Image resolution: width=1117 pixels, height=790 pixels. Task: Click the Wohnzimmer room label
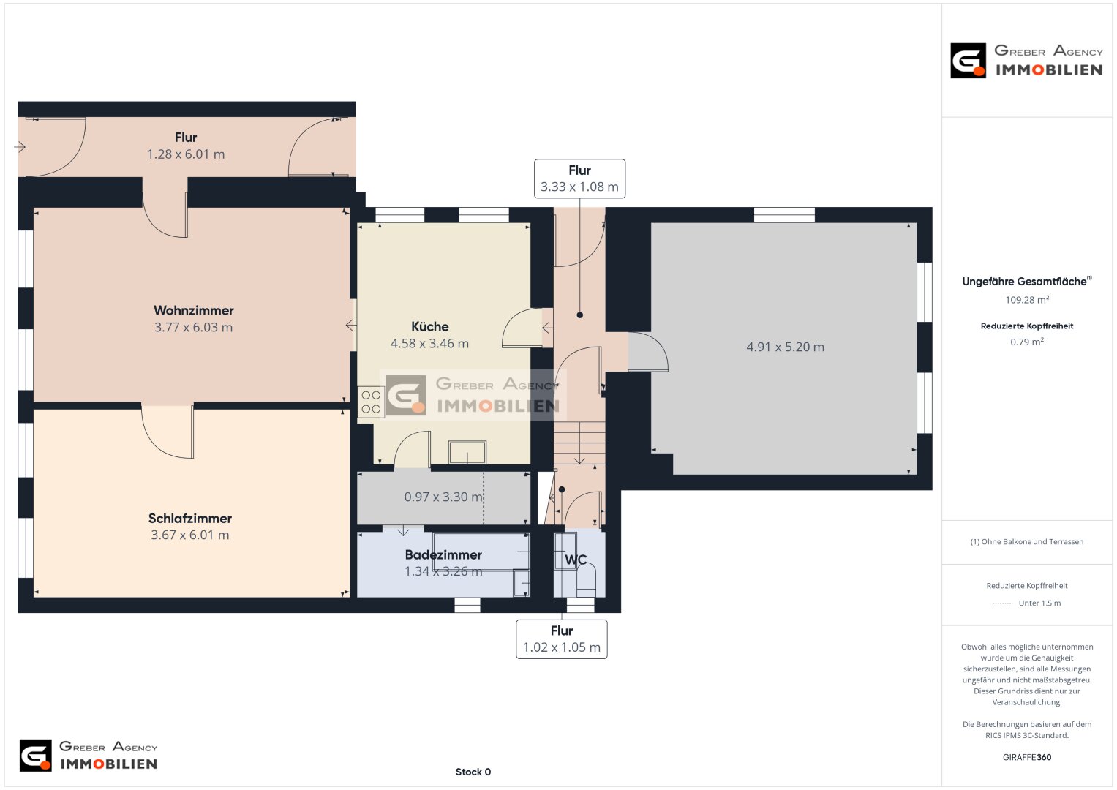(x=193, y=310)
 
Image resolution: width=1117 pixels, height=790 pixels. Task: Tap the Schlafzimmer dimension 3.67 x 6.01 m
(x=190, y=535)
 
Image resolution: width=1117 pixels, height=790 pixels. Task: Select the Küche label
(x=430, y=327)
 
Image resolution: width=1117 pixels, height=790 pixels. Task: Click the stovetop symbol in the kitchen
(x=371, y=402)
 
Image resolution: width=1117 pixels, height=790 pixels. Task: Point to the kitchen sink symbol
(x=467, y=452)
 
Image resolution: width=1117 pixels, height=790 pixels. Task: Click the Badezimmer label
(x=443, y=554)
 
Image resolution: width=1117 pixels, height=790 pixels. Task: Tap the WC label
(x=576, y=560)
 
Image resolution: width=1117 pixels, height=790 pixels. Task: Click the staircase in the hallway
(x=579, y=443)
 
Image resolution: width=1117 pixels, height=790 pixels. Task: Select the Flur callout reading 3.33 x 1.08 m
(x=579, y=178)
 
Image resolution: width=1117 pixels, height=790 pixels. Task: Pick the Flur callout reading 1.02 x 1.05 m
(x=562, y=639)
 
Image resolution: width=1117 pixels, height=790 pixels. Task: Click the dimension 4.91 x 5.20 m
(x=786, y=347)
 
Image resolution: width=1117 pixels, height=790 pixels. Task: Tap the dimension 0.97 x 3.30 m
(x=443, y=497)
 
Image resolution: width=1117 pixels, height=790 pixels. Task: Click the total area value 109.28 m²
(x=1027, y=300)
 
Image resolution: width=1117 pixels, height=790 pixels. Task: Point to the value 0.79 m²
(x=1027, y=342)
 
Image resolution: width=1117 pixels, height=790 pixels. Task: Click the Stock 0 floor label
(x=473, y=772)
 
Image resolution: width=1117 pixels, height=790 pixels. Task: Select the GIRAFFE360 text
(x=1027, y=757)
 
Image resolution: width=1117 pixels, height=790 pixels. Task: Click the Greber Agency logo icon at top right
(x=968, y=60)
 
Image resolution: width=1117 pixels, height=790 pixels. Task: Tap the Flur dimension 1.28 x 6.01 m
(x=186, y=154)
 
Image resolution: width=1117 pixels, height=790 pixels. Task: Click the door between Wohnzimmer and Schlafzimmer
(x=168, y=431)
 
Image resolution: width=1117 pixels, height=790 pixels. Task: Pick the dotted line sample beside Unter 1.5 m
(x=1002, y=603)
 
